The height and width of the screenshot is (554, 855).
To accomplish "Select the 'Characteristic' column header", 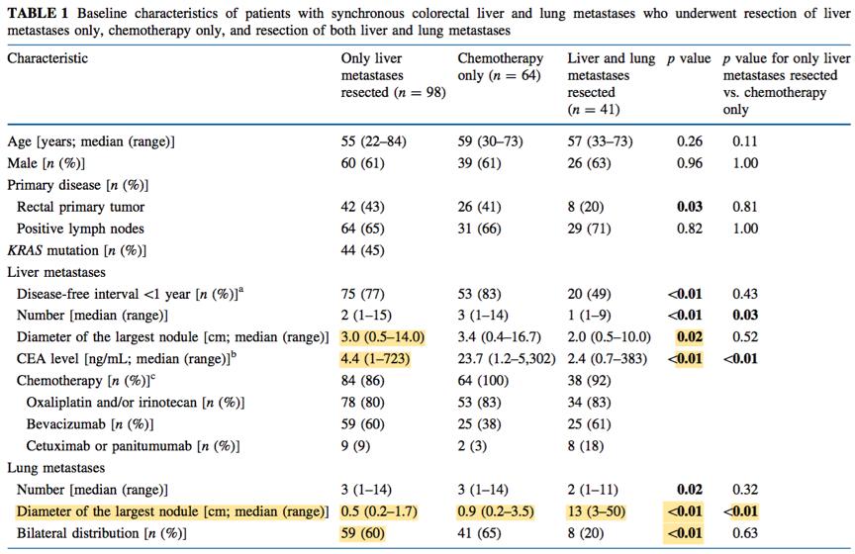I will coord(47,58).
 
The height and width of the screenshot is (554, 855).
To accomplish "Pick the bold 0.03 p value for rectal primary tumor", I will coord(690,207).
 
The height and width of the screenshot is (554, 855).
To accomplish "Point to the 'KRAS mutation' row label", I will coord(77,250).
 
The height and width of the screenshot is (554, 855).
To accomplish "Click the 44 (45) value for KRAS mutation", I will coord(362,250).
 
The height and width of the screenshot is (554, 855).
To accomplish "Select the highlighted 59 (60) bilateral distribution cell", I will coord(362,533).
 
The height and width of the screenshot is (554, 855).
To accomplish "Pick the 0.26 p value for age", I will coord(690,141).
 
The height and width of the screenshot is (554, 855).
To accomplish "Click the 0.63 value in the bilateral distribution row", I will coord(745,533).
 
